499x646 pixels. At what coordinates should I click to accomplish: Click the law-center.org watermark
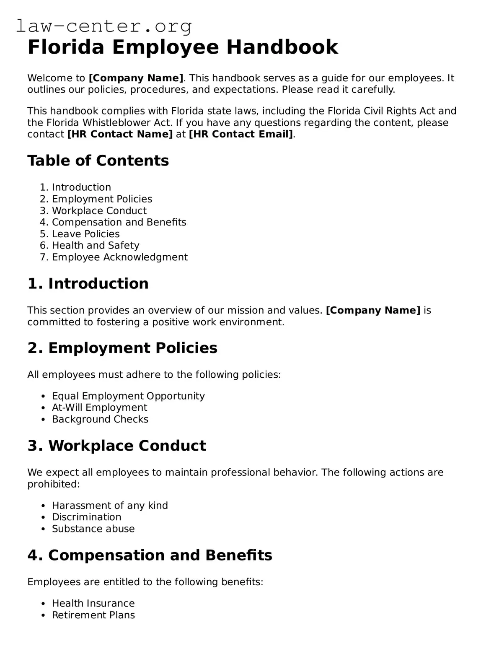tap(104, 26)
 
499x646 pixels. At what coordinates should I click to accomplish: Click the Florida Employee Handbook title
tap(182, 47)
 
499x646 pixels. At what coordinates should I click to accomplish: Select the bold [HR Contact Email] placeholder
tap(241, 134)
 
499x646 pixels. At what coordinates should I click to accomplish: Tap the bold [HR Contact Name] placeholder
tap(120, 134)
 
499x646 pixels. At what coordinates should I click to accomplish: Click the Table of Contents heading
tap(98, 161)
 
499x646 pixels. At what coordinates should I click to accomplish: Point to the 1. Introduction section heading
tap(88, 284)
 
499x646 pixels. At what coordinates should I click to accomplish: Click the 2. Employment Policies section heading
tap(122, 348)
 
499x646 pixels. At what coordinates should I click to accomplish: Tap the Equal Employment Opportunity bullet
tap(128, 396)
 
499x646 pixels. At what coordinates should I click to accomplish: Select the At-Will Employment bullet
tap(99, 408)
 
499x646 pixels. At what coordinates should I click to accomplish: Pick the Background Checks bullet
tap(100, 419)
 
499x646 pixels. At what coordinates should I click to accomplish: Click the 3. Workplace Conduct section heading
tap(116, 446)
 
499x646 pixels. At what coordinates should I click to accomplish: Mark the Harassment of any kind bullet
tap(110, 506)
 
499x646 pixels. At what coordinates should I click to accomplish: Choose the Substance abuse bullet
tap(93, 529)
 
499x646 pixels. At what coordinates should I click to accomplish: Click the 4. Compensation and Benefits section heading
tap(150, 555)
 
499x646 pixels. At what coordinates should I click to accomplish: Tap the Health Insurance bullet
tap(93, 603)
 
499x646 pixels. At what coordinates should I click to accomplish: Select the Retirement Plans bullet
tap(93, 615)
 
